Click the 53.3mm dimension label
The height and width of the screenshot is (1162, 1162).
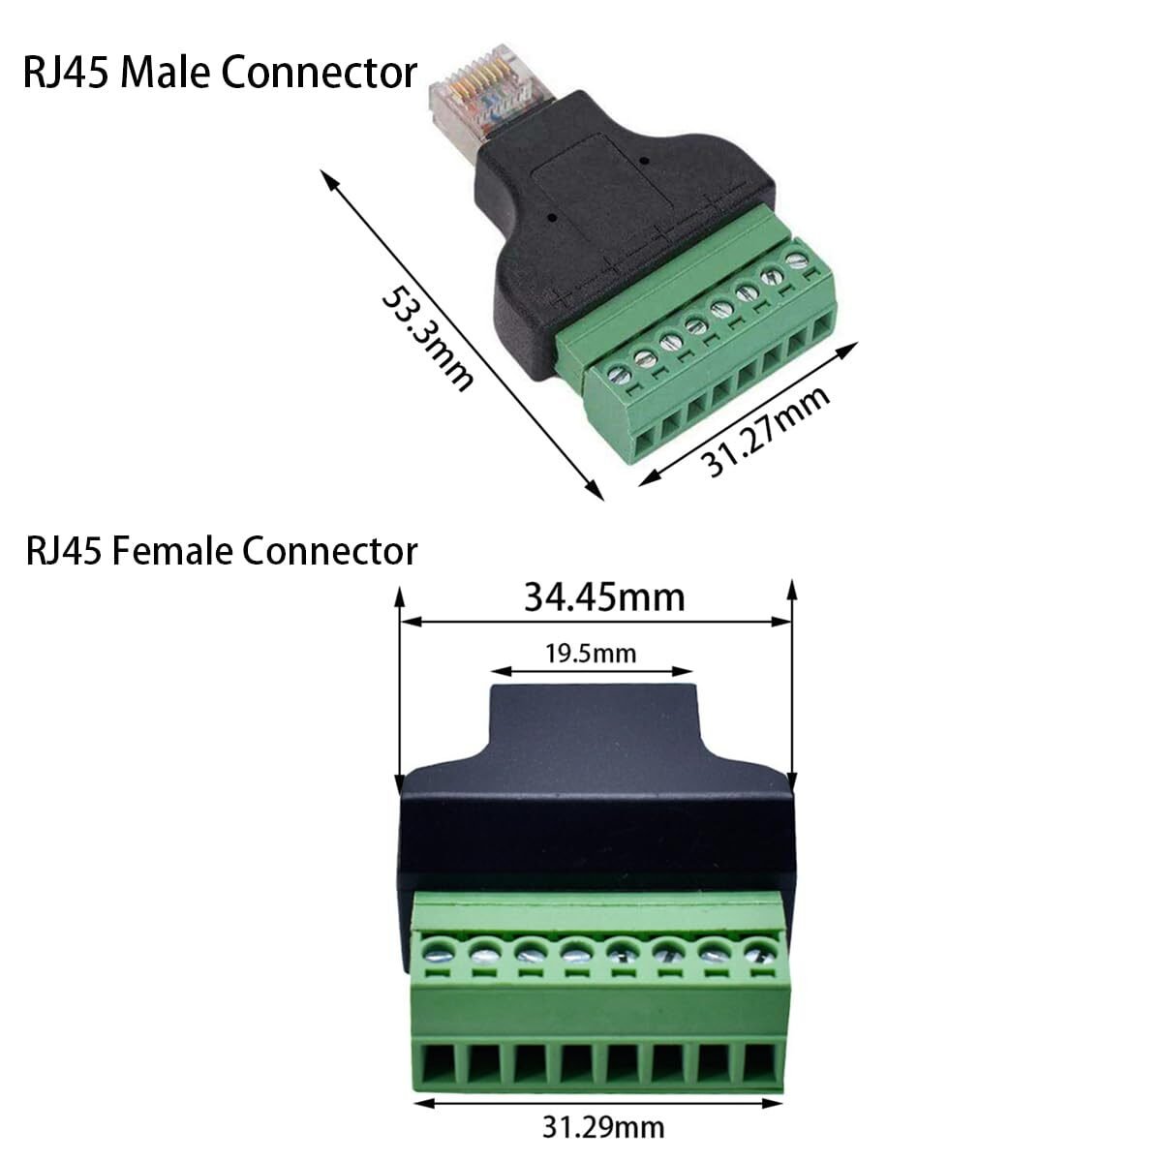click(428, 339)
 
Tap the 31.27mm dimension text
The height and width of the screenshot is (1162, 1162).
click(765, 431)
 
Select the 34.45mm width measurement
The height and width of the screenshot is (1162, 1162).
click(604, 597)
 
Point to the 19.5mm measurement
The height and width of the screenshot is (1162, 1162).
click(591, 654)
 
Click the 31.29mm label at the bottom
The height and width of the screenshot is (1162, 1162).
click(603, 1128)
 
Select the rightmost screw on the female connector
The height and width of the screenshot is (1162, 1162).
click(758, 954)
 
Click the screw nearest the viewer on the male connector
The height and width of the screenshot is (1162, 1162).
click(619, 376)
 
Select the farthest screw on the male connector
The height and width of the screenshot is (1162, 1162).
click(798, 260)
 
